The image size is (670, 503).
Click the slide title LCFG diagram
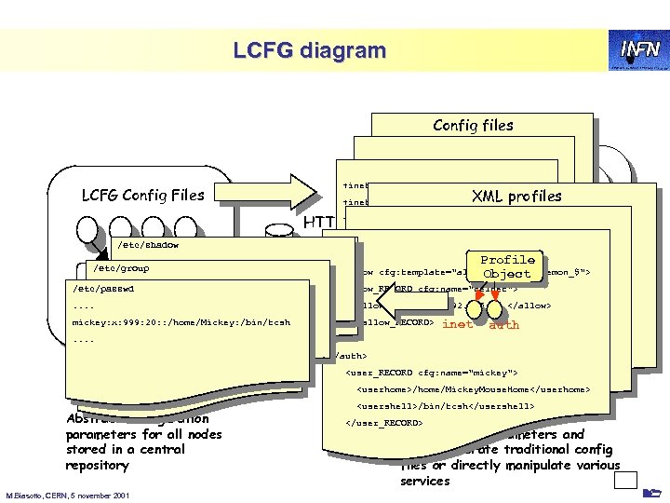click(308, 49)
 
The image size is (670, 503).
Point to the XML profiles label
click(517, 196)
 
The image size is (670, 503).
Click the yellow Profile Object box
click(507, 266)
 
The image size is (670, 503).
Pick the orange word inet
click(458, 324)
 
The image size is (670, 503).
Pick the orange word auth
click(503, 324)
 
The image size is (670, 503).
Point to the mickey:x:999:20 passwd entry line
click(181, 322)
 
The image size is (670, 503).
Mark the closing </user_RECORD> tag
click(384, 423)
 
